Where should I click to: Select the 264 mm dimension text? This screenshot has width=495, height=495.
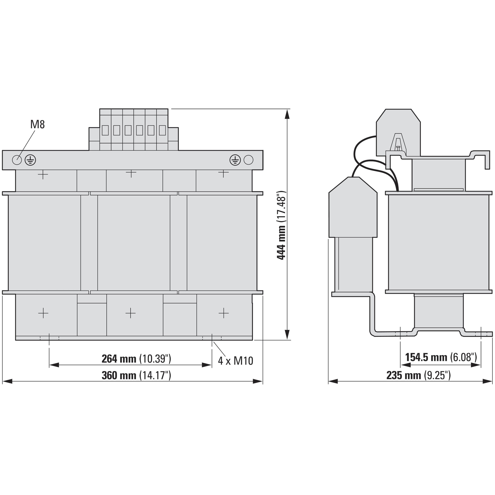pos(136,359)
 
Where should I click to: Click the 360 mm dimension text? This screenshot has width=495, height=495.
pos(136,375)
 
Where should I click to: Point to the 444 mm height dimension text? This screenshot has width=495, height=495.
pos(281,225)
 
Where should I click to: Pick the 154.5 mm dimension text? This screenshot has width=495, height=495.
pos(441,357)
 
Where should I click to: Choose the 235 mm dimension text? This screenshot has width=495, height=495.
pos(418,375)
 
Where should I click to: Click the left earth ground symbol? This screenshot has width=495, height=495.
pos(30,160)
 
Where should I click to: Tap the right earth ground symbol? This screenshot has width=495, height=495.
pos(235,160)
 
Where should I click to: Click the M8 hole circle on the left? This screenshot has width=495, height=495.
pos(17,160)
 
